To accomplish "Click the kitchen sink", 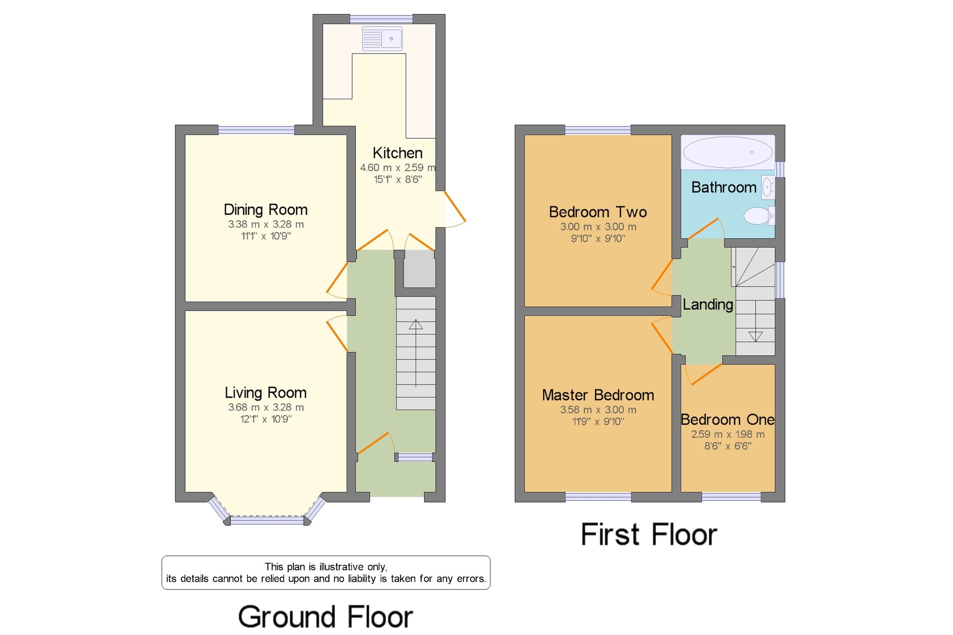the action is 382,39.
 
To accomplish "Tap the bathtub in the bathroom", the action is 727,152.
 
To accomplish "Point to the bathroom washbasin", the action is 768,187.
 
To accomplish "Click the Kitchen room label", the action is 397,153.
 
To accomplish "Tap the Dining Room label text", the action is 266,210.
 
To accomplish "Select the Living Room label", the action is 266,393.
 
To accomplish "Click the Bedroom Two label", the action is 598,212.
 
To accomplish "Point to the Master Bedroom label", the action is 598,395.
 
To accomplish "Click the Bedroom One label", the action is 727,419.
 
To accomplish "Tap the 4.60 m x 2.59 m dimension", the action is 397,168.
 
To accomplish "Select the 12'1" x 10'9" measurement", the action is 266,419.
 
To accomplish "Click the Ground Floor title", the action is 326,617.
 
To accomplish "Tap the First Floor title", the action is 649,535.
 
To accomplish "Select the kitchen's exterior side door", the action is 455,209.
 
